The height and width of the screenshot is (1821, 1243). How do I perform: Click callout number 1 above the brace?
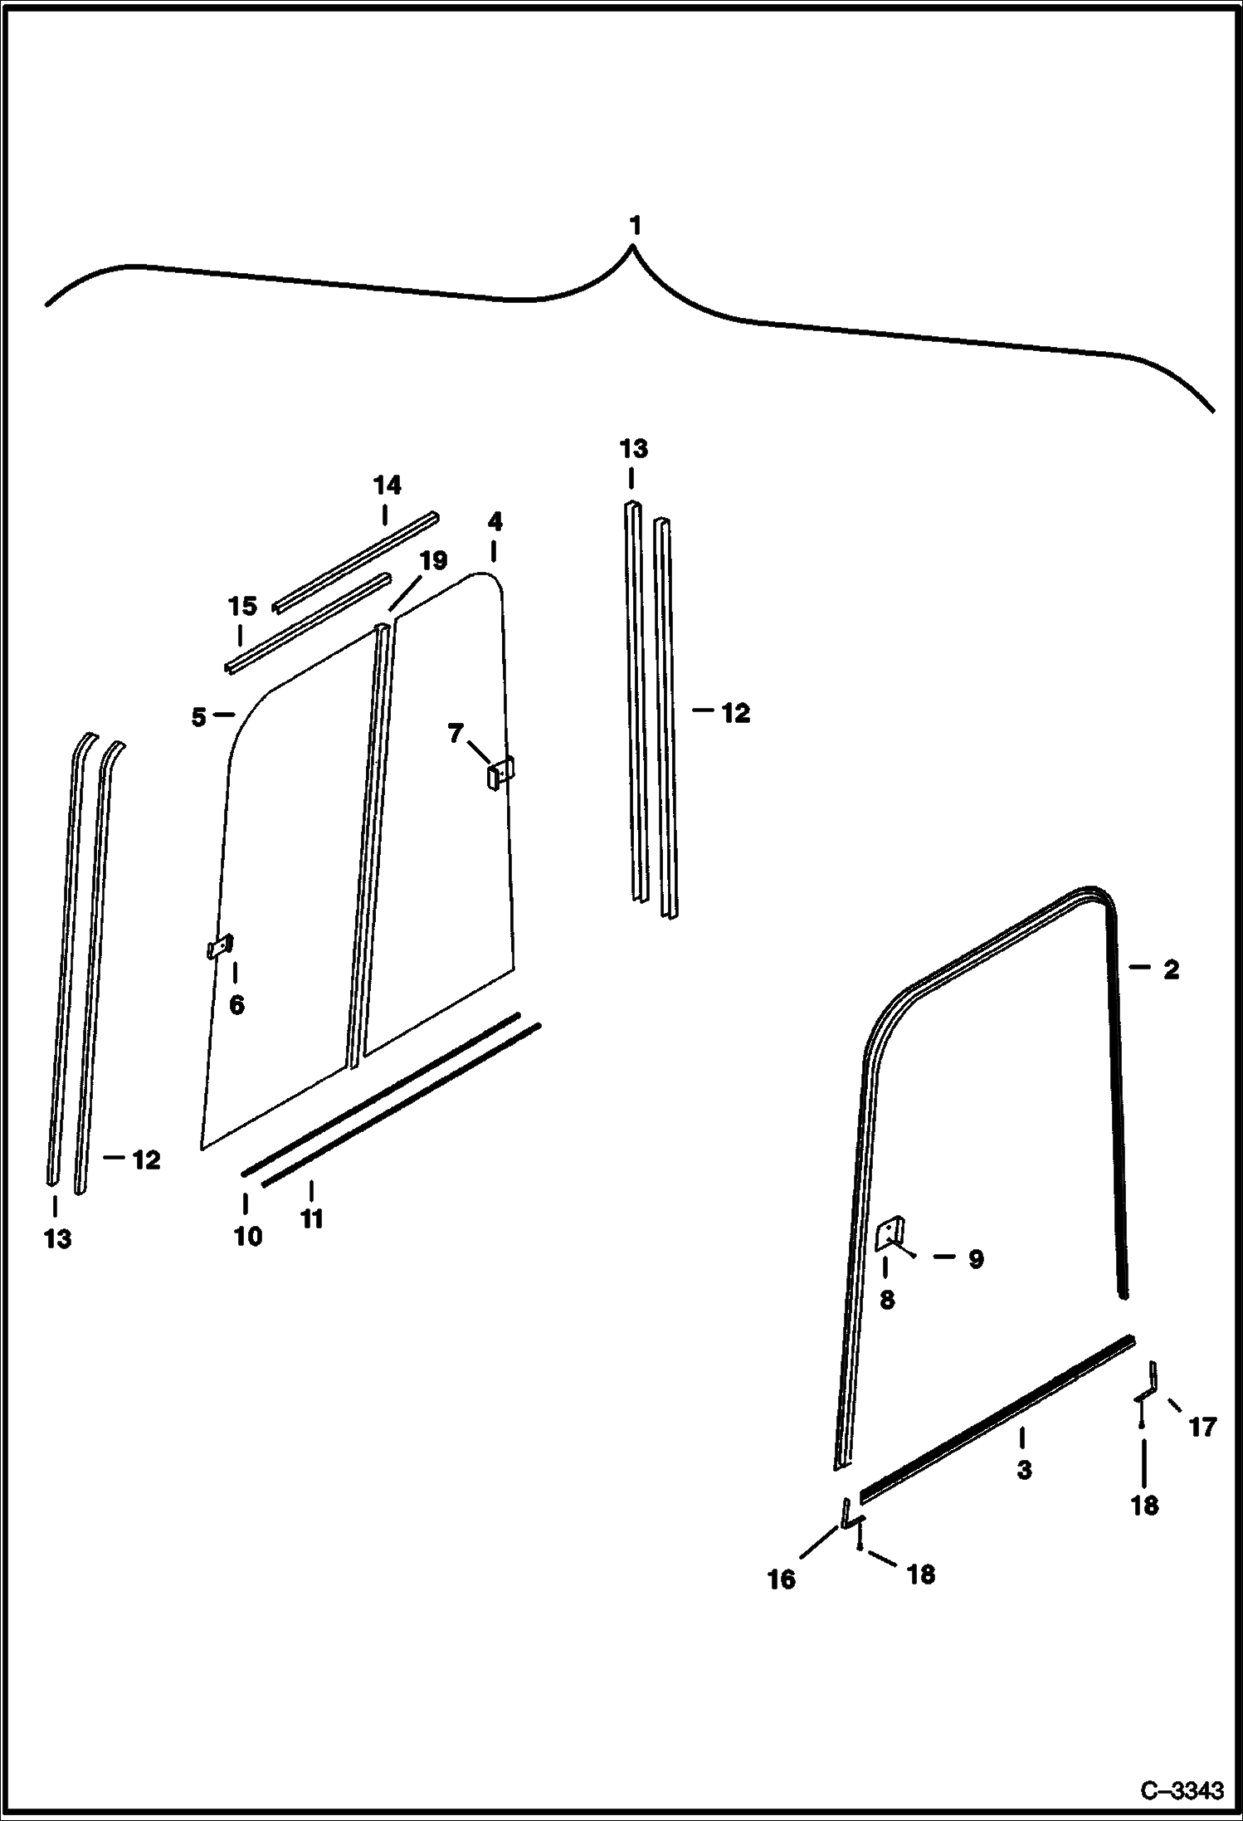coord(635,226)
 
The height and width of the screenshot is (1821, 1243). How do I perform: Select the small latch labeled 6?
coord(219,947)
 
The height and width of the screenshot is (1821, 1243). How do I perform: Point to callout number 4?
coord(495,522)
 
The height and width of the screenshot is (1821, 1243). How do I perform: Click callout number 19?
coord(433,561)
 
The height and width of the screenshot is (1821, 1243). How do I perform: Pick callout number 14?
coord(387,486)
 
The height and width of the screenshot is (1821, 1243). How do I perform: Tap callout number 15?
coord(242,606)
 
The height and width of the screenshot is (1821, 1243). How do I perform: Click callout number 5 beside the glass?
coord(198,717)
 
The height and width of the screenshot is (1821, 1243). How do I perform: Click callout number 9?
coord(976,1259)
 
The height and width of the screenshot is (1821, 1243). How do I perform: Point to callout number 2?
coord(1171,969)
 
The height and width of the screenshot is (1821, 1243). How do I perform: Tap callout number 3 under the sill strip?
coord(1024,1469)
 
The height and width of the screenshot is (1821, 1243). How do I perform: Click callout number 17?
coord(1202,1427)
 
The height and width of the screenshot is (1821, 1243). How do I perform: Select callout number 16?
coord(781,1579)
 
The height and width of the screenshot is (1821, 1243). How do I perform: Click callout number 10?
coord(248,1236)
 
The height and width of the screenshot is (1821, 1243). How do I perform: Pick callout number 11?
coord(311,1218)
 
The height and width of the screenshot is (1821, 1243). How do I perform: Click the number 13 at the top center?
coord(633,449)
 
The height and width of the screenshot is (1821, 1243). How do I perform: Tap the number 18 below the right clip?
coord(1144,1505)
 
